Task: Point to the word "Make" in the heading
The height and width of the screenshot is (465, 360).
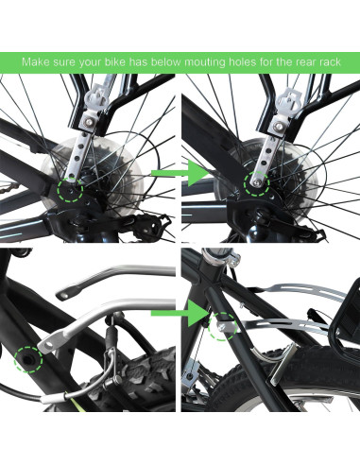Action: click(x=39, y=62)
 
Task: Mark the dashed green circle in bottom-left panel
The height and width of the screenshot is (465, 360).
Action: click(x=30, y=360)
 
